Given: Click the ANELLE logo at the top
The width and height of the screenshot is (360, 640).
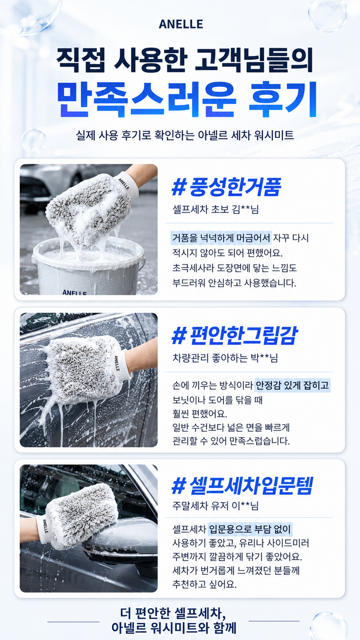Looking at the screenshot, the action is (x=181, y=24).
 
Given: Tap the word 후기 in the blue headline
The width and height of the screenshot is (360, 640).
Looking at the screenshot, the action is (x=283, y=99).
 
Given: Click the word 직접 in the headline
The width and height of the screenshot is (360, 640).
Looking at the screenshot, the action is (x=81, y=60).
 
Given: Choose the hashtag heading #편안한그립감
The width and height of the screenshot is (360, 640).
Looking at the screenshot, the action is (x=235, y=335).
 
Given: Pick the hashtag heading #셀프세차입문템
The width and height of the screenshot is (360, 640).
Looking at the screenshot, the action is (x=242, y=485).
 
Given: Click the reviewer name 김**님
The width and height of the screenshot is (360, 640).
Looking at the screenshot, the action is (x=245, y=209).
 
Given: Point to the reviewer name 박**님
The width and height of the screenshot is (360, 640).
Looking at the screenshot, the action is (x=264, y=358).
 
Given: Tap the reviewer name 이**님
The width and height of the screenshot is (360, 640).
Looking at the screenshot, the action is (x=245, y=506).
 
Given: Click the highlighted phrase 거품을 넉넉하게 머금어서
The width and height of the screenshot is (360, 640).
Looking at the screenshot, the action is (x=221, y=238).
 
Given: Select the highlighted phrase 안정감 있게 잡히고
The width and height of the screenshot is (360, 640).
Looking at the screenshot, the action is (x=292, y=386).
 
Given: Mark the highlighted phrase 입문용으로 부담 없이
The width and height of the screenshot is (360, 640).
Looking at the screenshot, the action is (x=250, y=529).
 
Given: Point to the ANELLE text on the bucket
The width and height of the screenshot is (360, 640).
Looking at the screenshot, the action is (x=74, y=292).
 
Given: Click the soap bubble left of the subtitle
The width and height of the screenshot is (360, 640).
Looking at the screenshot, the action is (x=34, y=140).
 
